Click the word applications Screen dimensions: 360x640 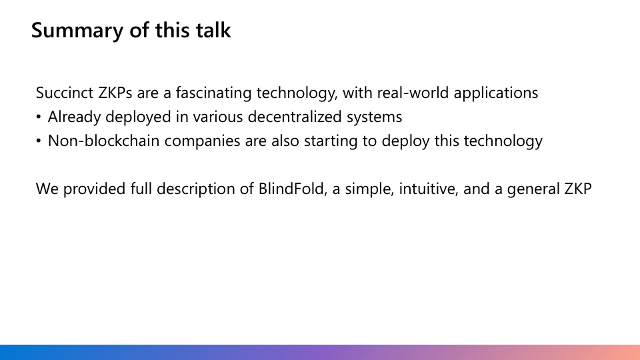click(x=496, y=93)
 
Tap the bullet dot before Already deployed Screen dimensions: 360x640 click(x=39, y=117)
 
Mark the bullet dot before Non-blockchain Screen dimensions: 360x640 click(x=39, y=141)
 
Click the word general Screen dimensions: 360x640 click(x=533, y=189)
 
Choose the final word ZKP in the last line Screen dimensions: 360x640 click(x=577, y=189)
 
